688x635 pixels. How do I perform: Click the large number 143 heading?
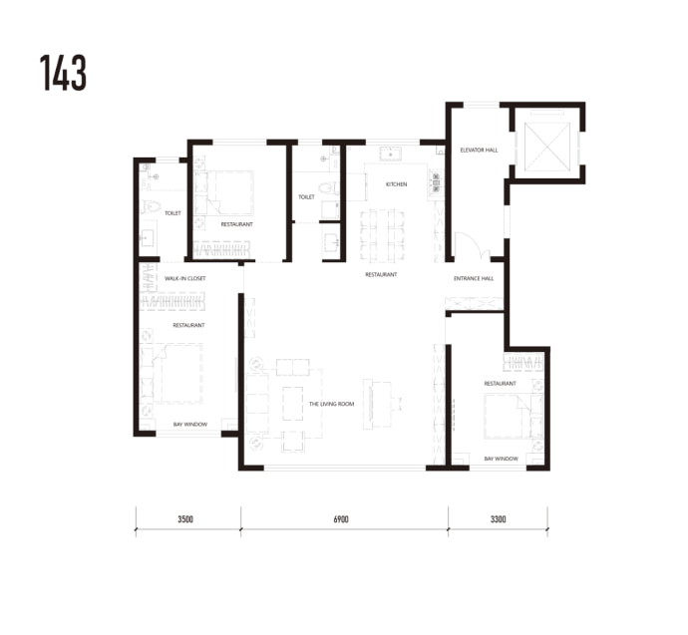[63, 73]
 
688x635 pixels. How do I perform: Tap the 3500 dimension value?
[185, 519]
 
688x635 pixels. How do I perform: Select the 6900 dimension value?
[341, 519]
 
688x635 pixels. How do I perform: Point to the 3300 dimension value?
[498, 519]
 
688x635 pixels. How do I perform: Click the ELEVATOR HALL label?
[479, 150]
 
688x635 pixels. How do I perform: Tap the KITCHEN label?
[396, 184]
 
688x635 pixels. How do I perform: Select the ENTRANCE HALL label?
[474, 278]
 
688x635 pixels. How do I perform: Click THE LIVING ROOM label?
[331, 404]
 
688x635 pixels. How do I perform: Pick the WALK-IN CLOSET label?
[184, 278]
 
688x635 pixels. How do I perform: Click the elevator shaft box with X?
[547, 147]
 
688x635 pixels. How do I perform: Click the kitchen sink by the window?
[390, 155]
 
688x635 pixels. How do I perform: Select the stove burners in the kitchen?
[436, 182]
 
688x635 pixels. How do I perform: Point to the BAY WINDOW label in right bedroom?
[502, 459]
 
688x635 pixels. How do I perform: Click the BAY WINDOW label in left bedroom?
[190, 424]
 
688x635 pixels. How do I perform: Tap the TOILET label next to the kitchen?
[306, 197]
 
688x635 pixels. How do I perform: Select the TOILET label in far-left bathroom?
[172, 213]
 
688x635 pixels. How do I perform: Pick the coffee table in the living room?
[293, 404]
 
